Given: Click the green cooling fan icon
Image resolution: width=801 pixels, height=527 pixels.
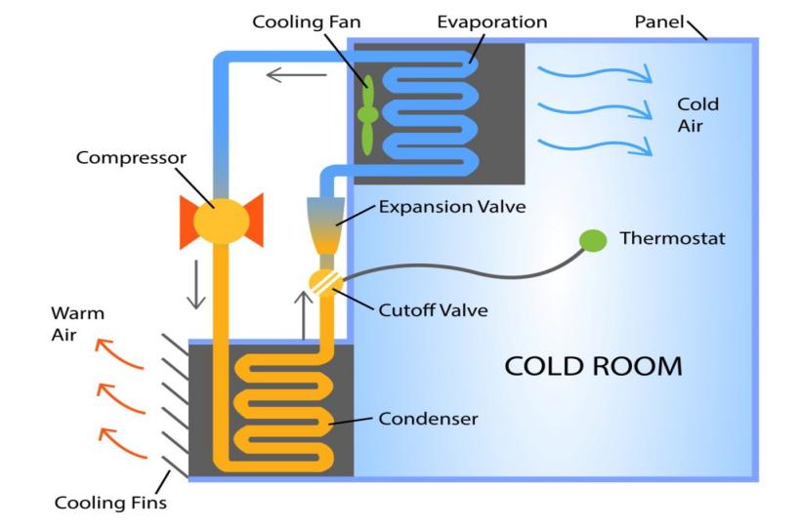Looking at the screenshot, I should (x=368, y=114).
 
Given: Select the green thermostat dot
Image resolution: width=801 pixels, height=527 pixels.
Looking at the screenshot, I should (x=592, y=239).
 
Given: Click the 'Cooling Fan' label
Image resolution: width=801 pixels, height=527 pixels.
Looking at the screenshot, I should (x=298, y=21).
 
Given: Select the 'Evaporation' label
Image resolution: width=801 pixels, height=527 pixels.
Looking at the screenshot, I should (x=492, y=21).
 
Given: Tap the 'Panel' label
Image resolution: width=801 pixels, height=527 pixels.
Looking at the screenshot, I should (x=659, y=21).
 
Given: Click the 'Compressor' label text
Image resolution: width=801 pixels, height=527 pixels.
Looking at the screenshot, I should (x=131, y=157).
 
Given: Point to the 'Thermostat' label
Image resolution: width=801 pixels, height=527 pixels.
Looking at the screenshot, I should (x=672, y=238).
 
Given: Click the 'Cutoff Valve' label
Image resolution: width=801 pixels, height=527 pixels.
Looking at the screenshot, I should (x=433, y=310).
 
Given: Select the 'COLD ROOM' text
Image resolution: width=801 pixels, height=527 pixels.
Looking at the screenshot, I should (x=593, y=367).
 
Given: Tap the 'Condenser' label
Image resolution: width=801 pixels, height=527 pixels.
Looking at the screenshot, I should (x=428, y=419).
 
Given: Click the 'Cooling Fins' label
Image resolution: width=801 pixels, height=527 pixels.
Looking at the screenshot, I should (x=110, y=504).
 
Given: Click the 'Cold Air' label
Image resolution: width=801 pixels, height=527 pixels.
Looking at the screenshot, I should (x=697, y=114).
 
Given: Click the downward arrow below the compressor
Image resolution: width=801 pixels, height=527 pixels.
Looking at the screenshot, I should (x=196, y=283).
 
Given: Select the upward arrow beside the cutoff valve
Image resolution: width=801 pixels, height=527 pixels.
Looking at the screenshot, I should (x=304, y=312).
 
